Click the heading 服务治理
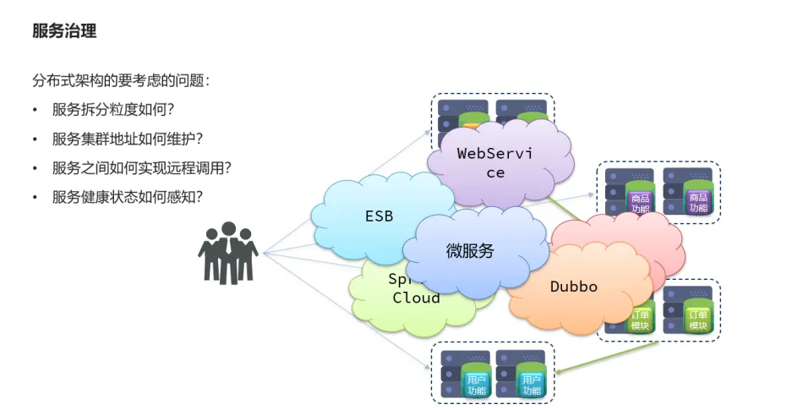64,32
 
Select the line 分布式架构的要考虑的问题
121,81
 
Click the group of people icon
227,252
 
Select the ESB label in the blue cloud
379,216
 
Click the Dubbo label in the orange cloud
574,287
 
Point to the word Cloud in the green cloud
417,298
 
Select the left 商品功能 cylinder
641,203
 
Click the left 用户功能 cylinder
477,385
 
